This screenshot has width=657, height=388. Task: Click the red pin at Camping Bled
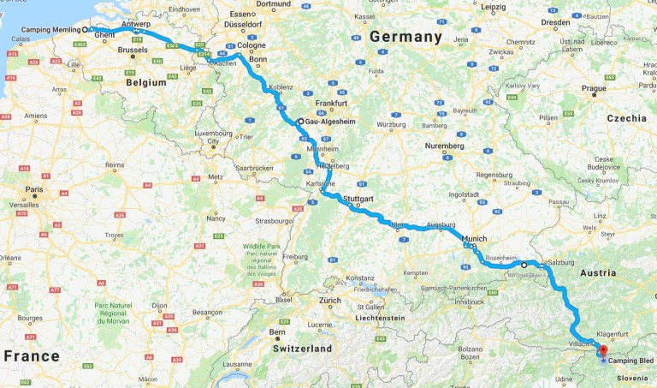coord(601,349)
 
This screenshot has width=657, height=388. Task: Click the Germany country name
coord(405,37)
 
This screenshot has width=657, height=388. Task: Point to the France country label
coord(31,356)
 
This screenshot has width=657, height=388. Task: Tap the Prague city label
coord(593,88)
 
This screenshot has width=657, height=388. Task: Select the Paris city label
coord(34,189)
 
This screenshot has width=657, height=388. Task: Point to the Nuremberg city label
coord(444,146)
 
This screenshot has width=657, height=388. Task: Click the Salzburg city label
coord(558,262)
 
